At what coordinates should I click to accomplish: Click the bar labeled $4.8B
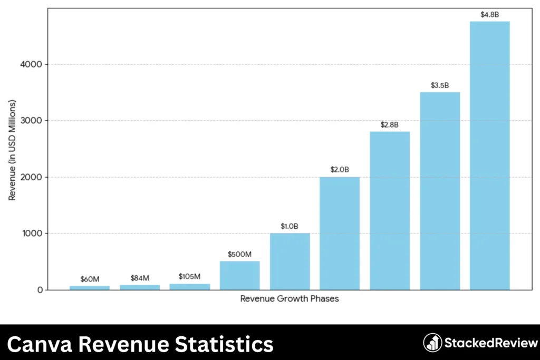pos(489,155)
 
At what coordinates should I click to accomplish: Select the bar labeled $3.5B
pos(440,191)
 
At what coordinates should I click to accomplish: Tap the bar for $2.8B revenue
pos(390,210)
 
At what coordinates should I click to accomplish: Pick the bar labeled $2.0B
pos(340,233)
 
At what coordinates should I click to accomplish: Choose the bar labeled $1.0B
pos(290,261)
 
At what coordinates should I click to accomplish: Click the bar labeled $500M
pos(239,275)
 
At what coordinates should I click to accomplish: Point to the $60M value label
pos(90,279)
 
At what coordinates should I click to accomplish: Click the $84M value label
pos(140,278)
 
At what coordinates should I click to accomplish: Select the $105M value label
pos(189,277)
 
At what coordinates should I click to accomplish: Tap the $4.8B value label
pos(489,15)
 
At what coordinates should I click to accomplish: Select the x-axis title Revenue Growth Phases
pos(289,299)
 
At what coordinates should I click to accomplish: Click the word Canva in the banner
pos(41,344)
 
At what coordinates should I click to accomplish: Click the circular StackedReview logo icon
pos(432,343)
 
